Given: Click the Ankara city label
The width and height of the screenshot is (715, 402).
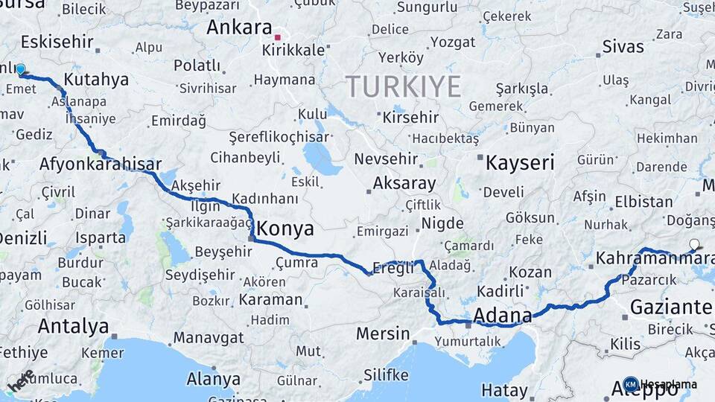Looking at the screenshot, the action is [x=239, y=28].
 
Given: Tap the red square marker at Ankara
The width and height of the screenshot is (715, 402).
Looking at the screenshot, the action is [x=278, y=36].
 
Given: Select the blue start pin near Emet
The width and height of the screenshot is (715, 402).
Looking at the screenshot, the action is [x=20, y=70].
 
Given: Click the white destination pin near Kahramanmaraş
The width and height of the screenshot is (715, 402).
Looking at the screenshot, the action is [x=694, y=244].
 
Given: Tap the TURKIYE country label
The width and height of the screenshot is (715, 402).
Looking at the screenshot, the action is [x=402, y=86].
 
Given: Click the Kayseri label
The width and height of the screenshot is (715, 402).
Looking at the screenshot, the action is [x=520, y=162].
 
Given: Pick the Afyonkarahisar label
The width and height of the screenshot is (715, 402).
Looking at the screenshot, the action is [x=101, y=164].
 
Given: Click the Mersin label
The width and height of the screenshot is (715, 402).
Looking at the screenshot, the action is [x=383, y=333].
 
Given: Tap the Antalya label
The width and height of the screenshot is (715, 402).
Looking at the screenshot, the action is [x=73, y=325].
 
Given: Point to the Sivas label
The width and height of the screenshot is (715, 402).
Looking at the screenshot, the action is [x=623, y=47].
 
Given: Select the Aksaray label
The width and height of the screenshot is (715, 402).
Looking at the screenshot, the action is [x=404, y=182].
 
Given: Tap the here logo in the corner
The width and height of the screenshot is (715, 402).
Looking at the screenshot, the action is [x=21, y=381].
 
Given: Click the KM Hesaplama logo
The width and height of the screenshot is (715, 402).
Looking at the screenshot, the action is [x=659, y=384].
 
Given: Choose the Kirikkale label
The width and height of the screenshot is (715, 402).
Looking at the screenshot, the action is [x=293, y=50].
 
